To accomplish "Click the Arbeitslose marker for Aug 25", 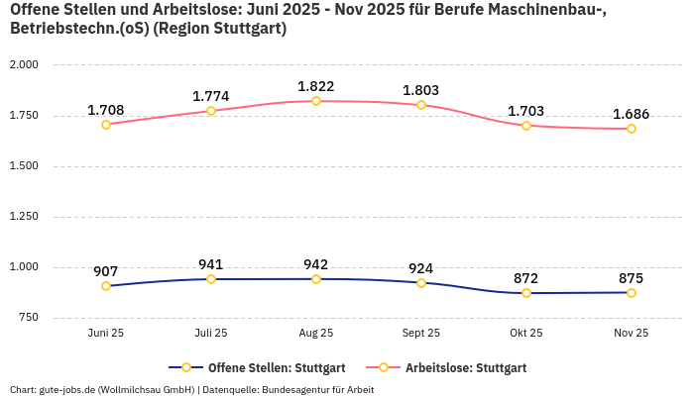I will (x=316, y=101).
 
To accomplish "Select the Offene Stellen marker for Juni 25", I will (x=106, y=286).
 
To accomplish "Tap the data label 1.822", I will (x=316, y=86).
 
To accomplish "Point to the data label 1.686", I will (x=631, y=114).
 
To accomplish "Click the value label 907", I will (x=106, y=271).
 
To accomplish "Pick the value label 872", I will (x=525, y=278).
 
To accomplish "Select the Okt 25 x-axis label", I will (x=525, y=334).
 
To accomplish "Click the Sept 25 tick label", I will (x=421, y=334).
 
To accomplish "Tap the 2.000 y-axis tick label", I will (x=24, y=64).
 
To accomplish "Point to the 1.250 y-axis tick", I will (x=24, y=217).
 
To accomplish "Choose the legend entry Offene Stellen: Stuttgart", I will (x=262, y=367).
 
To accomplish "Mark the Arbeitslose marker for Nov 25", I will (x=631, y=129).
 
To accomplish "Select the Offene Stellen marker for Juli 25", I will (x=211, y=279).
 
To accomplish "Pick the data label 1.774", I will (x=211, y=96).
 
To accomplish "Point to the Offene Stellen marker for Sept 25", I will (x=421, y=283).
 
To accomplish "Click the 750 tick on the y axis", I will (x=28, y=318).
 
